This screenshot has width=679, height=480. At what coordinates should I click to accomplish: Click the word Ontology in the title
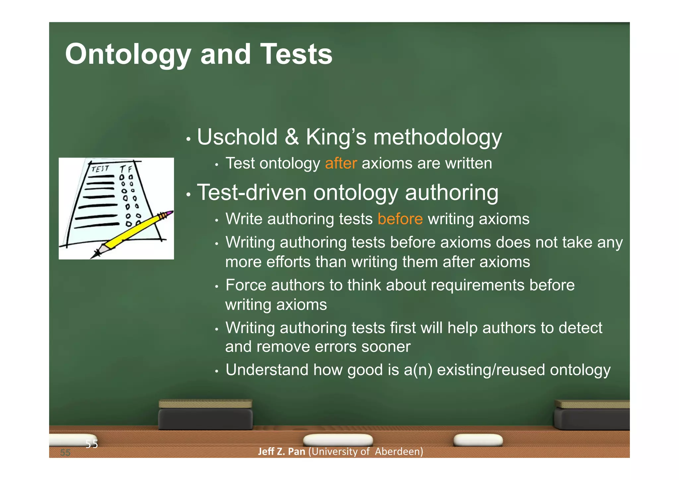click(x=128, y=55)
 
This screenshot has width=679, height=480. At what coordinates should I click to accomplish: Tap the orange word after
click(x=341, y=164)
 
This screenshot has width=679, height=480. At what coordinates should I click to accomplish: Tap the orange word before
click(x=400, y=219)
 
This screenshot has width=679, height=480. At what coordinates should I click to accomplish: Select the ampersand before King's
click(x=291, y=137)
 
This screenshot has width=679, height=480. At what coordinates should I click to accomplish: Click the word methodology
click(x=437, y=138)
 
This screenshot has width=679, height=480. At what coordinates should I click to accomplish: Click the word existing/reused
click(x=491, y=370)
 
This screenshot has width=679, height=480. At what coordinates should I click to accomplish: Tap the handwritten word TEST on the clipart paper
click(x=100, y=169)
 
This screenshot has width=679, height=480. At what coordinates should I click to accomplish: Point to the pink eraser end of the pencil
click(x=170, y=212)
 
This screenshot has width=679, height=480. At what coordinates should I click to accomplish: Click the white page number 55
click(x=92, y=444)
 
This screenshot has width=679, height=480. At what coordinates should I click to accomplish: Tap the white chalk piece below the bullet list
click(x=338, y=440)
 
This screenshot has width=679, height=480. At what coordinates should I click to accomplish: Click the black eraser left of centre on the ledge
click(x=205, y=419)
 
